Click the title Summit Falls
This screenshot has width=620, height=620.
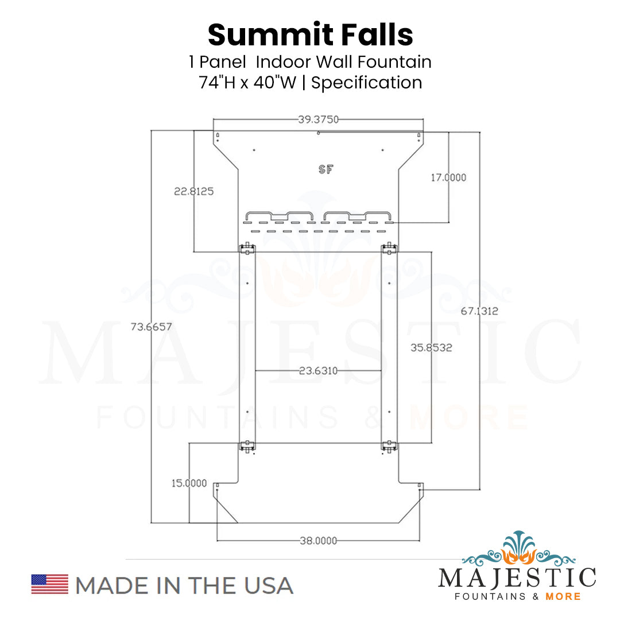310,35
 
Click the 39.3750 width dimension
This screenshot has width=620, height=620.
318,119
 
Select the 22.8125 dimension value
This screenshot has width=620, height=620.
194,191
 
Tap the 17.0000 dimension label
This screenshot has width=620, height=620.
448,178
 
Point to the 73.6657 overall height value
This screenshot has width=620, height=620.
152,327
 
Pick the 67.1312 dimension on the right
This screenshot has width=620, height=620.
479,311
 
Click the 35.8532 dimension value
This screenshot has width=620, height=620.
431,347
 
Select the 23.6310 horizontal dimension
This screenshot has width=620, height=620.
318,371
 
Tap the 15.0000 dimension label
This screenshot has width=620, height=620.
189,483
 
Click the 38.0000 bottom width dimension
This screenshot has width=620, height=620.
318,540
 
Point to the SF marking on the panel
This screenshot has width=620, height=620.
325,169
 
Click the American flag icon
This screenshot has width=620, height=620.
49,584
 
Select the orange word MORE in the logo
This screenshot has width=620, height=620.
563,596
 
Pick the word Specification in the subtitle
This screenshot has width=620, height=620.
367,82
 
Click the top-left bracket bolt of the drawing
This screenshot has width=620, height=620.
247,248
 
